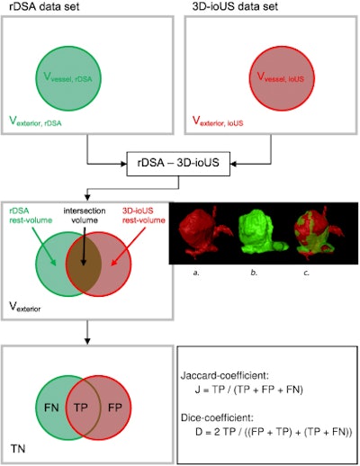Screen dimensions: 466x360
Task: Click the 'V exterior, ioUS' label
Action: (223, 118)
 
